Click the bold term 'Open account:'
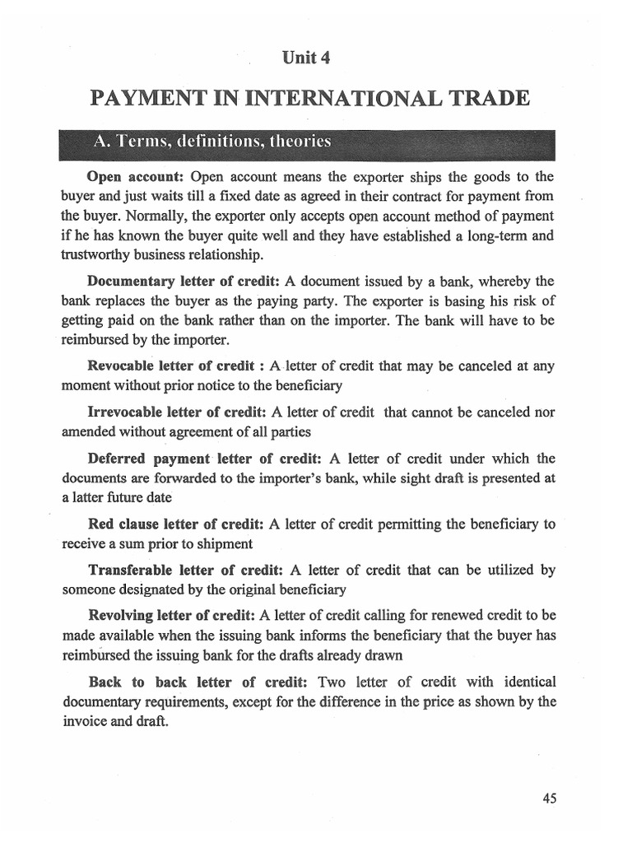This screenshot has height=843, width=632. pyautogui.click(x=135, y=177)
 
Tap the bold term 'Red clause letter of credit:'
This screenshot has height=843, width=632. pyautogui.click(x=175, y=524)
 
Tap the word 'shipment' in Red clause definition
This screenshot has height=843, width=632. pyautogui.click(x=223, y=544)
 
